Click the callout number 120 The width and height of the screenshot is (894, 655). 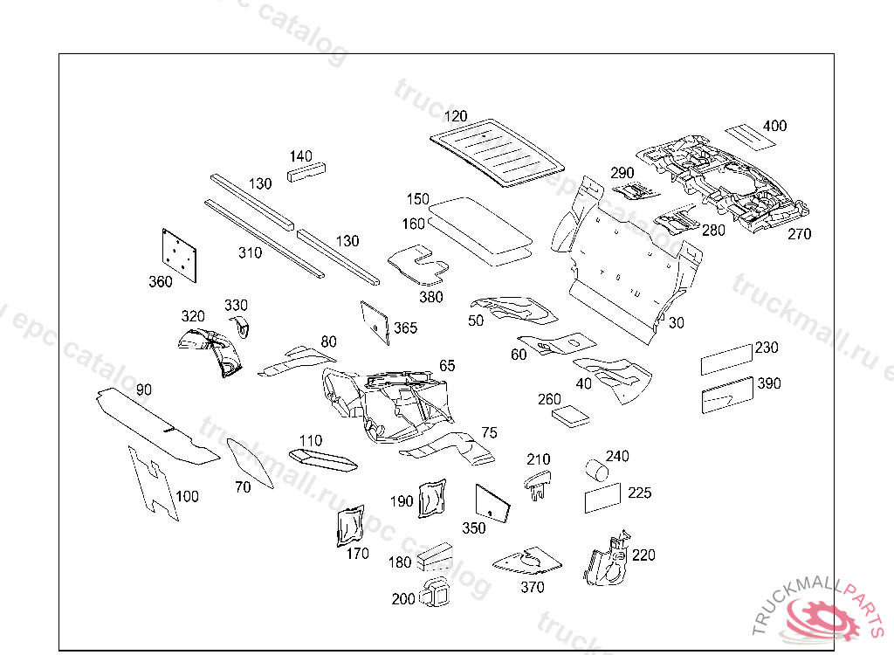[456, 116]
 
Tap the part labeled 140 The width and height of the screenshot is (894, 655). [307, 170]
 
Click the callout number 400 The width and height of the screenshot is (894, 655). [774, 126]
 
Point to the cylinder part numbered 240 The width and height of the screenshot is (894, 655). [595, 470]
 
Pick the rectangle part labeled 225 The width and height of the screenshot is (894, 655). [602, 498]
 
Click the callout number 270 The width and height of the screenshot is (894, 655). [799, 234]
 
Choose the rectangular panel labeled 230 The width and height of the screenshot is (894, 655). [726, 359]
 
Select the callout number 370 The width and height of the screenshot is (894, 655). [533, 588]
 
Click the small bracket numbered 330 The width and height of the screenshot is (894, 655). [240, 327]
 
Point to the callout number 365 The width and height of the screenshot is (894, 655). [405, 328]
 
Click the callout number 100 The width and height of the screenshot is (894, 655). [187, 497]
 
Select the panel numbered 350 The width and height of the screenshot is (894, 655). [492, 504]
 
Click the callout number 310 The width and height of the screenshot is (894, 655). [250, 253]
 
